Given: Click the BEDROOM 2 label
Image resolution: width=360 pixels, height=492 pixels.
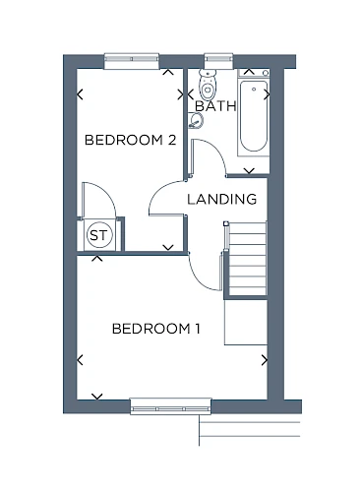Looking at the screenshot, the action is [131, 140].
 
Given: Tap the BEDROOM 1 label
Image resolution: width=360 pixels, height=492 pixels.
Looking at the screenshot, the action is [156, 329].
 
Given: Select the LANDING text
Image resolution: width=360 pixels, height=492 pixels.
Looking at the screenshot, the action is [221, 199].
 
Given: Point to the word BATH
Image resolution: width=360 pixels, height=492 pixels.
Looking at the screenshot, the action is [215, 106].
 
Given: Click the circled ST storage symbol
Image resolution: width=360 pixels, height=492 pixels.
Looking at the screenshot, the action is [99, 235].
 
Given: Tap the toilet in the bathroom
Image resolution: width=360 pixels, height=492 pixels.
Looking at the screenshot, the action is [208, 85].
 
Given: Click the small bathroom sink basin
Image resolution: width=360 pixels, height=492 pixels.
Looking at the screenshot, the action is [196, 120].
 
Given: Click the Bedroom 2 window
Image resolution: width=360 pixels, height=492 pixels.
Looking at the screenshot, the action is [132, 61].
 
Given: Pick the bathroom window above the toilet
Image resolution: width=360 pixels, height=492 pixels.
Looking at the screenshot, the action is [218, 61].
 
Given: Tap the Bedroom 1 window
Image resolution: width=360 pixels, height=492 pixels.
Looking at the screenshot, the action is [170, 406].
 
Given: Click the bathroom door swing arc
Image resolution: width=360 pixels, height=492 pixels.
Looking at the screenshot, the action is [216, 150].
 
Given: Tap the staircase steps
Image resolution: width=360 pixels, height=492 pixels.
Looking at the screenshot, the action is [248, 259].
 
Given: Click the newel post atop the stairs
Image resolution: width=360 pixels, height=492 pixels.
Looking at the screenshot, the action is [226, 223].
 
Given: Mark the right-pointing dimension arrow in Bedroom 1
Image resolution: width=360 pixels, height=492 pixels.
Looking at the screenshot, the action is [265, 360].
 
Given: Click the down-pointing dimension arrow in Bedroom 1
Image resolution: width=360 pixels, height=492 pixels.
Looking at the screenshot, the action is [97, 397].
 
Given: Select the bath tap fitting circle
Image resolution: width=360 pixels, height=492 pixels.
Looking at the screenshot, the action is [254, 89].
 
